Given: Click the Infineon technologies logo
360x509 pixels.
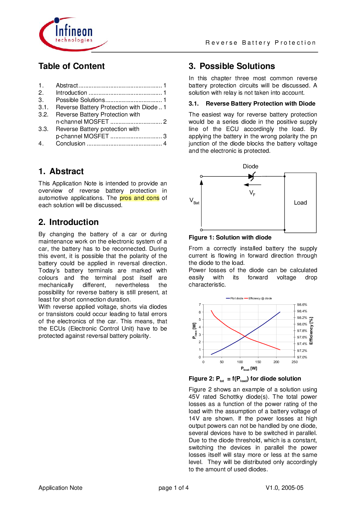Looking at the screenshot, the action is (73, 34).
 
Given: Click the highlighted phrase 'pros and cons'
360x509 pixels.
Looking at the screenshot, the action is (139, 198).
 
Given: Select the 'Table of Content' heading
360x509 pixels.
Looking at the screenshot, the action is (71, 66).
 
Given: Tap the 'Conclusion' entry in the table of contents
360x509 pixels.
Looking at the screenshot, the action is (70, 143).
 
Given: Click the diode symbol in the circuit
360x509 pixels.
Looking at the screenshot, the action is (251, 176).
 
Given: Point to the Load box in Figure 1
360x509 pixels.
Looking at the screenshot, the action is (300, 203).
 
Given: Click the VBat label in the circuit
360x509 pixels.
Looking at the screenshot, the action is (194, 201).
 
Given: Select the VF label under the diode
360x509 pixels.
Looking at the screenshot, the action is (252, 193).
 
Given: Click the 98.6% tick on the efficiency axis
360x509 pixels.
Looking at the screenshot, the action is (302, 304).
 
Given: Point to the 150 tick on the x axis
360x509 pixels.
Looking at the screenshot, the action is (258, 362).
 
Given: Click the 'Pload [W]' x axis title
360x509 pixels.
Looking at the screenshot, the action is (249, 369).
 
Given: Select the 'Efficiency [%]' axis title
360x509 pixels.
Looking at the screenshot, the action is (311, 331).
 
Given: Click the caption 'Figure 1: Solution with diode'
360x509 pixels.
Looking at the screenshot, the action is (230, 238).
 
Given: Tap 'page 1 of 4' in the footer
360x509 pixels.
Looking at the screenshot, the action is (173, 488).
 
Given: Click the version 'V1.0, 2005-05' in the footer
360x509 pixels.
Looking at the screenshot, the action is (284, 488).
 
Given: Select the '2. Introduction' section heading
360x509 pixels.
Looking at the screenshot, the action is (69, 222).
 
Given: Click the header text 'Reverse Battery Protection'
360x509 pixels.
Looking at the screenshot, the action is (261, 43).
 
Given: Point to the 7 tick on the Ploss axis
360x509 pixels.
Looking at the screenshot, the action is (200, 304).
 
